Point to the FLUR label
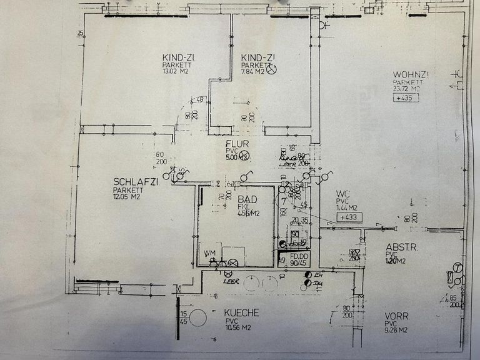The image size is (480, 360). [237, 144]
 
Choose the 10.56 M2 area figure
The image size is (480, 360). [239, 327]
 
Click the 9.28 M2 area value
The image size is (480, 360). [396, 330]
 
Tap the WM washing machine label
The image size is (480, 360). [209, 253]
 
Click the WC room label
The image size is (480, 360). [342, 193]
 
